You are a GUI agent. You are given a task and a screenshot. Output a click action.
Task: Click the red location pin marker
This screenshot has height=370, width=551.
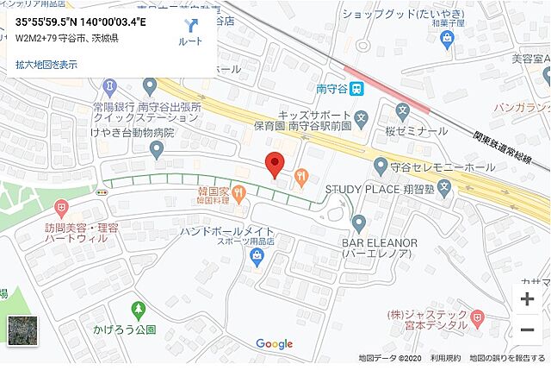tap(275, 164)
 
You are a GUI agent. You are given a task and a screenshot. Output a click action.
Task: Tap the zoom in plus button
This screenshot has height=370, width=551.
tap(527, 299)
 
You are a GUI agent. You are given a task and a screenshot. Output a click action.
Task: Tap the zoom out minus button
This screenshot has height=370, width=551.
tap(527, 329)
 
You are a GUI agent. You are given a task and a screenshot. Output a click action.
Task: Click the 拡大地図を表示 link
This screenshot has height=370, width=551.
tap(46, 64)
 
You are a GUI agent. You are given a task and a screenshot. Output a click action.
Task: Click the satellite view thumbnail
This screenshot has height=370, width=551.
tap(22, 331)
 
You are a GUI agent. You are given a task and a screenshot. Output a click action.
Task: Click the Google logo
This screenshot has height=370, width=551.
tap(274, 344)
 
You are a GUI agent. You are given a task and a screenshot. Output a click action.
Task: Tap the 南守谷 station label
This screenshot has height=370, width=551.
tap(331, 88)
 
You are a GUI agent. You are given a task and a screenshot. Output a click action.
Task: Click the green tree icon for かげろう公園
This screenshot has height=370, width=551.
tap(136, 309)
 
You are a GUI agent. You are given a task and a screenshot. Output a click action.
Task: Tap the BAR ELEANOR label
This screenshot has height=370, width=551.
tap(384, 244)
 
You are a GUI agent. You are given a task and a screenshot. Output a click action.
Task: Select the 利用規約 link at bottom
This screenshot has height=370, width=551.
tap(444, 358)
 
